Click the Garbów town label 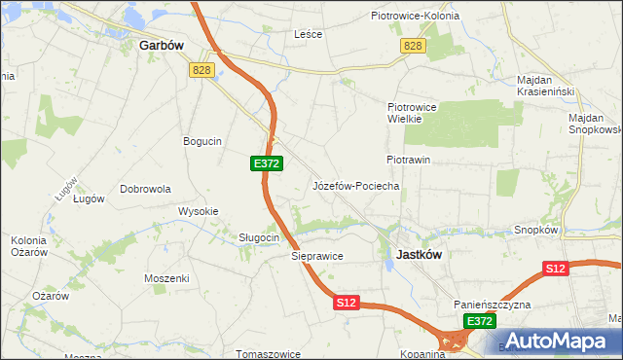[163, 45]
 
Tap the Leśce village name [309, 33]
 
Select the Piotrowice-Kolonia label [416, 16]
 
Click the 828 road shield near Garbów [202, 69]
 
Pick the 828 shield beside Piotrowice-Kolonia [413, 47]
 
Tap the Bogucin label [202, 141]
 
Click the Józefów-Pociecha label [355, 185]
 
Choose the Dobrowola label [145, 189]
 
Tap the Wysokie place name [199, 211]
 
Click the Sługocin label [260, 237]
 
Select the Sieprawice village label [317, 256]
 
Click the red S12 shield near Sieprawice [348, 304]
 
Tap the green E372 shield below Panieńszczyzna [478, 320]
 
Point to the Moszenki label [166, 278]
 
